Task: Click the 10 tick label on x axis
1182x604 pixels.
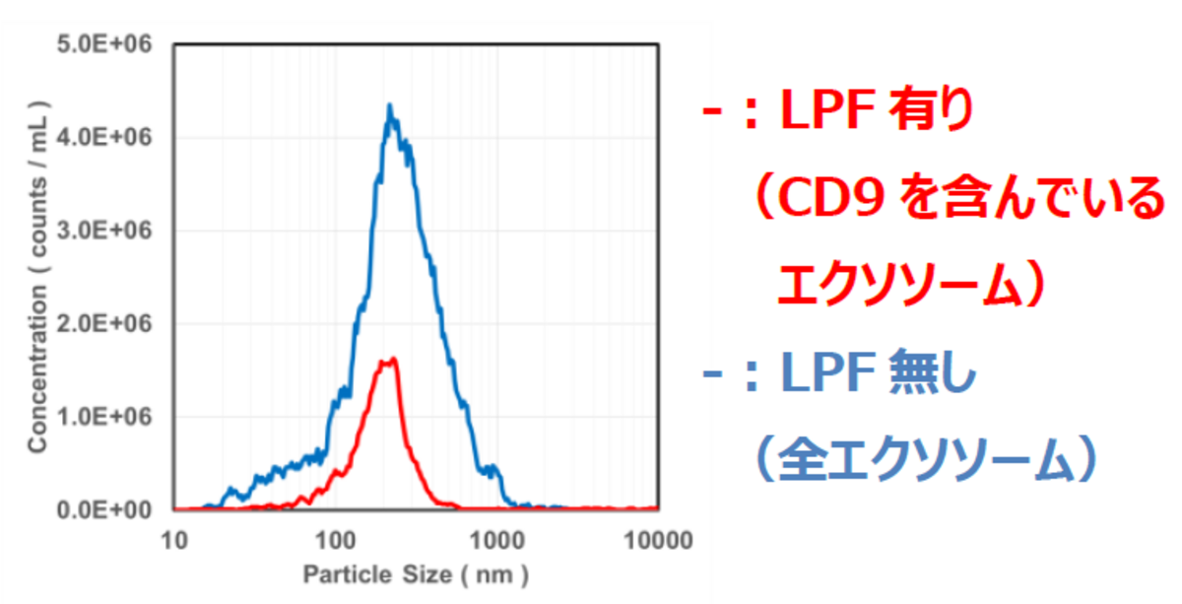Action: coord(173,539)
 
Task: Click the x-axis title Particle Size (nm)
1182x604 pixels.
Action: coord(416,574)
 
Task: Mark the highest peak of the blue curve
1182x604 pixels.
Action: coord(390,105)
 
